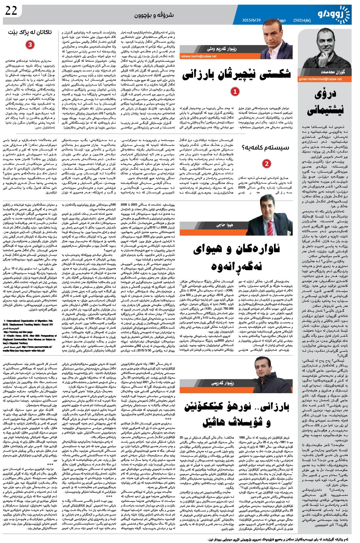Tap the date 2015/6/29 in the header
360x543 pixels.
tap(251, 20)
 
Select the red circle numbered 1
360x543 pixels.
tap(235, 92)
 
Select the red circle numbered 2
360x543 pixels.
tap(266, 163)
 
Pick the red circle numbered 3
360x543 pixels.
tap(30, 45)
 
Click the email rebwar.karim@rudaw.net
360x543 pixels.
tap(198, 57)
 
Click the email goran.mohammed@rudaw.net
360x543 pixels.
tap(320, 79)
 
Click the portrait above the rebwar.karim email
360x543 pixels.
tap(276, 43)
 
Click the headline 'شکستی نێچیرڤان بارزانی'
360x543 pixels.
tap(236, 75)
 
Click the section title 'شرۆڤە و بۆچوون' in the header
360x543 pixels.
tap(154, 15)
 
